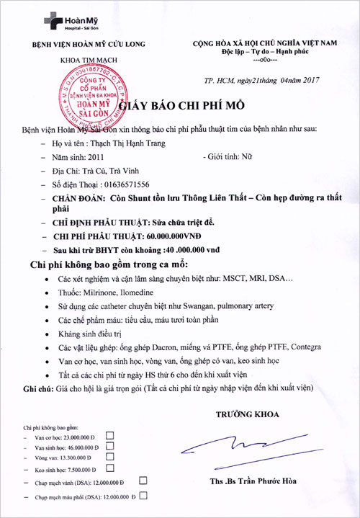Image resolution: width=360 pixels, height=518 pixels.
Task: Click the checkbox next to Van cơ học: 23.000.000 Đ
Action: [110, 436]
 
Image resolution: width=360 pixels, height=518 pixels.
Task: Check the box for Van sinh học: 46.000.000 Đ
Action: [110, 447]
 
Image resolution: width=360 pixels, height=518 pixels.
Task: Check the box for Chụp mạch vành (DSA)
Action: [143, 480]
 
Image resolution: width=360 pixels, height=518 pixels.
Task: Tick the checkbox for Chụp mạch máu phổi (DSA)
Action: [143, 496]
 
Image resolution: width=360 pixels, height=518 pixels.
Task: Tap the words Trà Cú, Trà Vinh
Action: [117, 170]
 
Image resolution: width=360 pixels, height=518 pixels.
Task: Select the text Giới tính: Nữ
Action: [235, 156]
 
